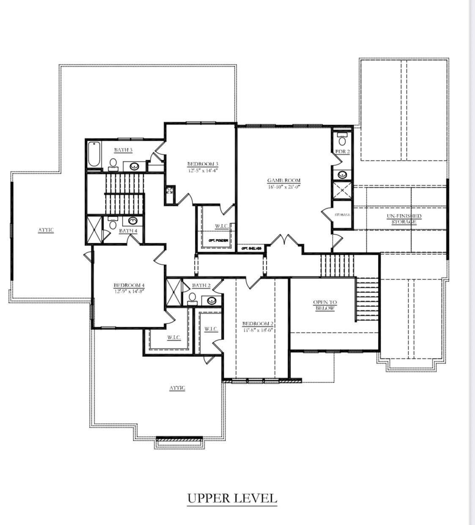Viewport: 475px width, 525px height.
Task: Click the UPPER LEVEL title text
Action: pos(232,498)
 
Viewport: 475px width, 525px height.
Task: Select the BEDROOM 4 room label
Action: pos(129,285)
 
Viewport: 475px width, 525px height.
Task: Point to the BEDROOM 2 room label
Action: pos(258,324)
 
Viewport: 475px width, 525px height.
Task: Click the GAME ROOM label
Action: pos(284,180)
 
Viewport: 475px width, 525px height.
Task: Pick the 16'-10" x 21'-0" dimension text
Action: pos(284,186)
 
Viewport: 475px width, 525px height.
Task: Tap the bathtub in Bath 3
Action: pos(94,155)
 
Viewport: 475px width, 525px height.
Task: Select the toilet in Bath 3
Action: pos(113,164)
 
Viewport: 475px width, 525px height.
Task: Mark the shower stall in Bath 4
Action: pos(94,230)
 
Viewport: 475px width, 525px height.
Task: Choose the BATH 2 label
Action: pos(201,285)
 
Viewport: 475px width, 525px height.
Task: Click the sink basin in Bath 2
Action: pos(211,300)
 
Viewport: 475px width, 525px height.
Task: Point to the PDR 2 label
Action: pos(342,151)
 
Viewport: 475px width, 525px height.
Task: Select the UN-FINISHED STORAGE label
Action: pos(404,219)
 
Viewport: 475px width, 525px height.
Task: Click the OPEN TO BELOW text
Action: pos(325,305)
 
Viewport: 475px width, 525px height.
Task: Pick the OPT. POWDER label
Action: pos(218,240)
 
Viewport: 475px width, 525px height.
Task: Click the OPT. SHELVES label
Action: pos(251,248)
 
